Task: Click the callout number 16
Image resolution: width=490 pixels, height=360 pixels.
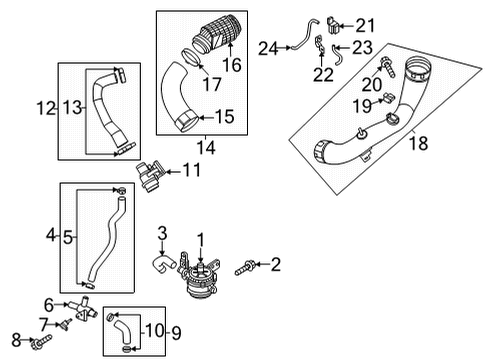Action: coord(231,65)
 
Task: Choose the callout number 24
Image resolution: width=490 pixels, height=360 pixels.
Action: coord(267,47)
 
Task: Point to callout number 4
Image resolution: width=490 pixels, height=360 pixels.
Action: coord(51,236)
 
